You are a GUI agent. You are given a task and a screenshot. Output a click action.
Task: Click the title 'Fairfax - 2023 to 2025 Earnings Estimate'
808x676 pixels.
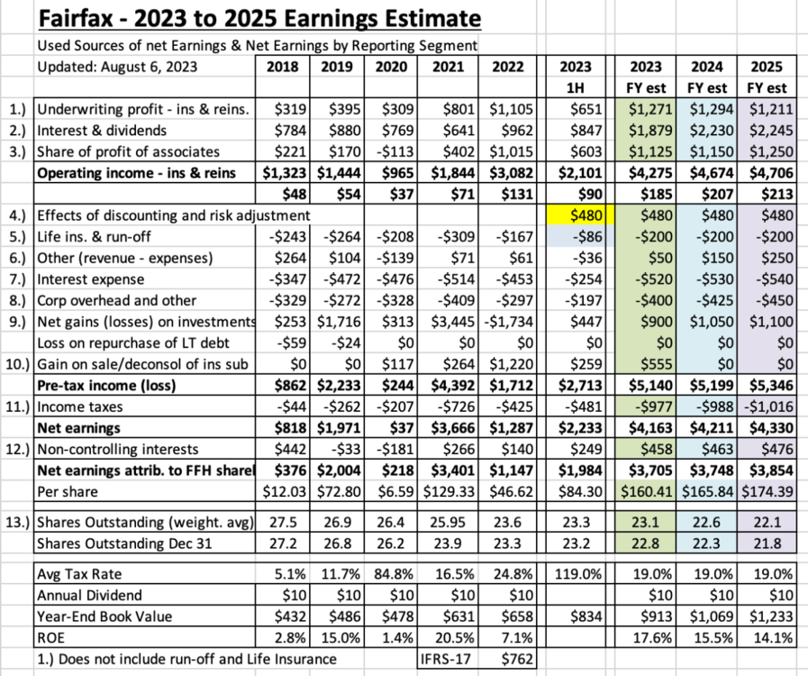[x=259, y=19]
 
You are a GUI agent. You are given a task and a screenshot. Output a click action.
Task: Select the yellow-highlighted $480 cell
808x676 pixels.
[x=576, y=215]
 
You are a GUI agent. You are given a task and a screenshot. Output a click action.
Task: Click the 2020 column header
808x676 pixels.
[x=391, y=67]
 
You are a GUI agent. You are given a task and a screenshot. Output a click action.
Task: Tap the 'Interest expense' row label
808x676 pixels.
[x=91, y=279]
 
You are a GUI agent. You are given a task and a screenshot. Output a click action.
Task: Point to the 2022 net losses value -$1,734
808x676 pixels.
[x=509, y=322]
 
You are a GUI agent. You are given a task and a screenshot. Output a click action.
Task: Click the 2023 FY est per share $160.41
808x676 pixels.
[x=647, y=491]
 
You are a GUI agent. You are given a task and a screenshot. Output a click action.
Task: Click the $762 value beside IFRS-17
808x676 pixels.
[x=517, y=659]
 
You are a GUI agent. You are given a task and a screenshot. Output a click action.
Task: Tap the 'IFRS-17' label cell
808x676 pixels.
[x=446, y=659]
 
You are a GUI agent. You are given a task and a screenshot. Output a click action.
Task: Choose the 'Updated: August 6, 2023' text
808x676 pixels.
[x=117, y=67]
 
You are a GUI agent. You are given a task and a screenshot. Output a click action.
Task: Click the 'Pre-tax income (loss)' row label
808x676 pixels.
[x=106, y=386]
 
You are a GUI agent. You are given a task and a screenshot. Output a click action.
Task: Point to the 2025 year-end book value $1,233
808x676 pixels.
[x=771, y=617]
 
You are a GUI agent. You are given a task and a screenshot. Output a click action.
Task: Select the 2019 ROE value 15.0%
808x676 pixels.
[x=340, y=638]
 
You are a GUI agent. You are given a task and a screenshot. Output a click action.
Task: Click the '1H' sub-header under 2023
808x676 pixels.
[x=576, y=88]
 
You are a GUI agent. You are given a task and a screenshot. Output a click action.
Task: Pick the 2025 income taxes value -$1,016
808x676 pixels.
[x=767, y=407]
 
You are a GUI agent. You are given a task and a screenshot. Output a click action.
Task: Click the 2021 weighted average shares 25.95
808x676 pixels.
[x=448, y=523]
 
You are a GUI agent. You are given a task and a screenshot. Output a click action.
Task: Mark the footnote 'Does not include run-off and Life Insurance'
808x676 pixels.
[x=186, y=659]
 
